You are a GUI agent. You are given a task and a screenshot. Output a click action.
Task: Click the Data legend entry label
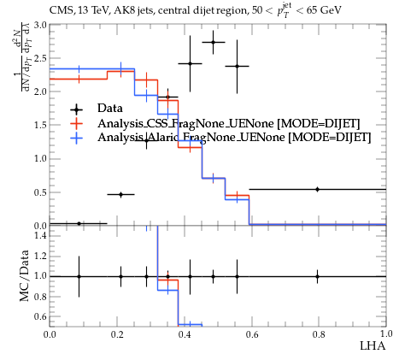pyautogui.click(x=110, y=109)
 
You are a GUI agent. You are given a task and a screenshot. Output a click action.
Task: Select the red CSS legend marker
pyautogui.click(x=76, y=123)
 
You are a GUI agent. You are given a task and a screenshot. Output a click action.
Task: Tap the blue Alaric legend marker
pyautogui.click(x=76, y=138)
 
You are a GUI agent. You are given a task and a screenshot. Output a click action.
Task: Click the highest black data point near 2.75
pyautogui.click(x=213, y=42)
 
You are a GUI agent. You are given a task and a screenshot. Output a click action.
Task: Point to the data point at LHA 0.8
pyautogui.click(x=317, y=189)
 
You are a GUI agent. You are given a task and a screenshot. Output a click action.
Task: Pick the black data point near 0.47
pyautogui.click(x=120, y=195)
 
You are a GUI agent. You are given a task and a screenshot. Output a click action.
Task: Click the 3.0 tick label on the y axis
pyautogui.click(x=40, y=25)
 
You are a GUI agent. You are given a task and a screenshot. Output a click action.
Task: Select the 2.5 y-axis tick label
pyautogui.click(x=40, y=58)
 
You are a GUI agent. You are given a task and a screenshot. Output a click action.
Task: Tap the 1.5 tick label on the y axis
pyautogui.click(x=40, y=125)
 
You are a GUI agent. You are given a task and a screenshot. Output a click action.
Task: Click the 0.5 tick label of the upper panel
pyautogui.click(x=40, y=192)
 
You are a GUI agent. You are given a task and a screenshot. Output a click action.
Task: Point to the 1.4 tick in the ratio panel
pyautogui.click(x=40, y=235)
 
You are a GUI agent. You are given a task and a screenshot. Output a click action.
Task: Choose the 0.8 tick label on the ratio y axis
pyautogui.click(x=40, y=297)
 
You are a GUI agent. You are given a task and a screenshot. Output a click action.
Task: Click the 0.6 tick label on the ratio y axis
pyautogui.click(x=40, y=316)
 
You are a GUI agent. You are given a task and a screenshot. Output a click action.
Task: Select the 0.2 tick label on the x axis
pyautogui.click(x=117, y=334)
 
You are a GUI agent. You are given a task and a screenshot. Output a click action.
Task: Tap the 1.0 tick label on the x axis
pyautogui.click(x=386, y=334)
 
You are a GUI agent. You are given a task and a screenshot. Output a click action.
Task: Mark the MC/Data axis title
pyautogui.click(x=25, y=275)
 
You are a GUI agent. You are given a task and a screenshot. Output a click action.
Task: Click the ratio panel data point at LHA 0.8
pyautogui.click(x=317, y=276)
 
